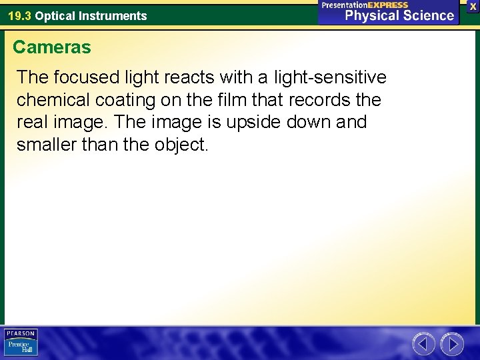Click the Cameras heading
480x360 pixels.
pos(52,47)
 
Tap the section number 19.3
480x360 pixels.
pos(19,15)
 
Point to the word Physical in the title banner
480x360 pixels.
pos(373,15)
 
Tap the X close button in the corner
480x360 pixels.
pos(473,6)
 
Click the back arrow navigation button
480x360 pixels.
pos(423,344)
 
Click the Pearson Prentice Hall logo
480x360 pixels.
pos(21,343)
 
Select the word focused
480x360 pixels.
pos(85,78)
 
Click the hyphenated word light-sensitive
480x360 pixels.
pos(331,78)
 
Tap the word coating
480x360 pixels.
pos(115,101)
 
